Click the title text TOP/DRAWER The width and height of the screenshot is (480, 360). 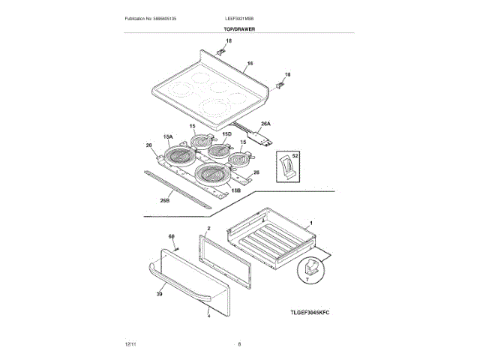click(x=239, y=28)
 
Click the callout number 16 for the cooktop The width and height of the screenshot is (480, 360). click(x=250, y=64)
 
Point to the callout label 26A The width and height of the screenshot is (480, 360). click(x=265, y=123)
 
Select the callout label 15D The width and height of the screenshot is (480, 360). click(x=226, y=133)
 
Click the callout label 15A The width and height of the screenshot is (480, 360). click(x=168, y=137)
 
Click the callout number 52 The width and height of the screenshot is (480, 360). click(x=295, y=154)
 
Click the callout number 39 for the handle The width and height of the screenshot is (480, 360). click(x=159, y=295)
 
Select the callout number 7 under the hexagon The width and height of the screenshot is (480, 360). click(x=306, y=279)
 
